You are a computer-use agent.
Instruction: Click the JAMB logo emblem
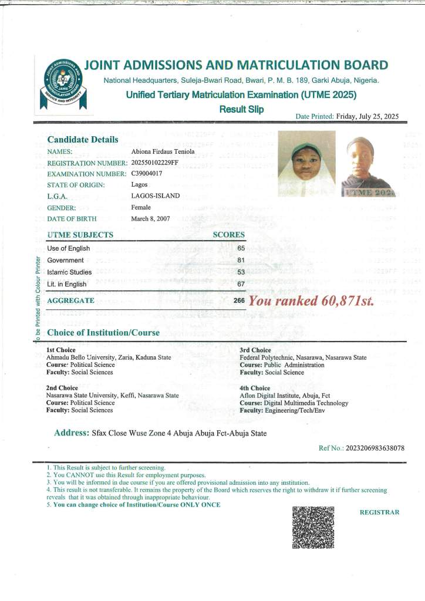tap(60, 82)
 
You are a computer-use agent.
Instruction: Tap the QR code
tap(313, 526)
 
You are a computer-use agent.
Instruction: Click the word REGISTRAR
tap(379, 512)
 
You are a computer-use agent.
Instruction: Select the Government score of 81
tap(241, 260)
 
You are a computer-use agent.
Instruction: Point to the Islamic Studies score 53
tap(241, 272)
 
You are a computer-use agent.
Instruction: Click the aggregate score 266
tap(239, 300)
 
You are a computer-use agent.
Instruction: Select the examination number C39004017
tap(150, 174)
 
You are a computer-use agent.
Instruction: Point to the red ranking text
tap(311, 301)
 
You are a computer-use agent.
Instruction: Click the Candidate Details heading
tap(83, 140)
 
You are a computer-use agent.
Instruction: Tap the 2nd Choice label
tap(62, 388)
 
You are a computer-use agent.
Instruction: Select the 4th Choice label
tap(255, 388)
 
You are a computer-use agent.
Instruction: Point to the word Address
tap(72, 433)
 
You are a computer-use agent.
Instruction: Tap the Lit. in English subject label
tap(67, 284)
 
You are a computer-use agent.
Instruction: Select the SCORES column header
tap(228, 235)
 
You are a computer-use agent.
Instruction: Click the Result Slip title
tap(241, 109)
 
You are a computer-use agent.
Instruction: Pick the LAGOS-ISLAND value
tap(156, 196)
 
